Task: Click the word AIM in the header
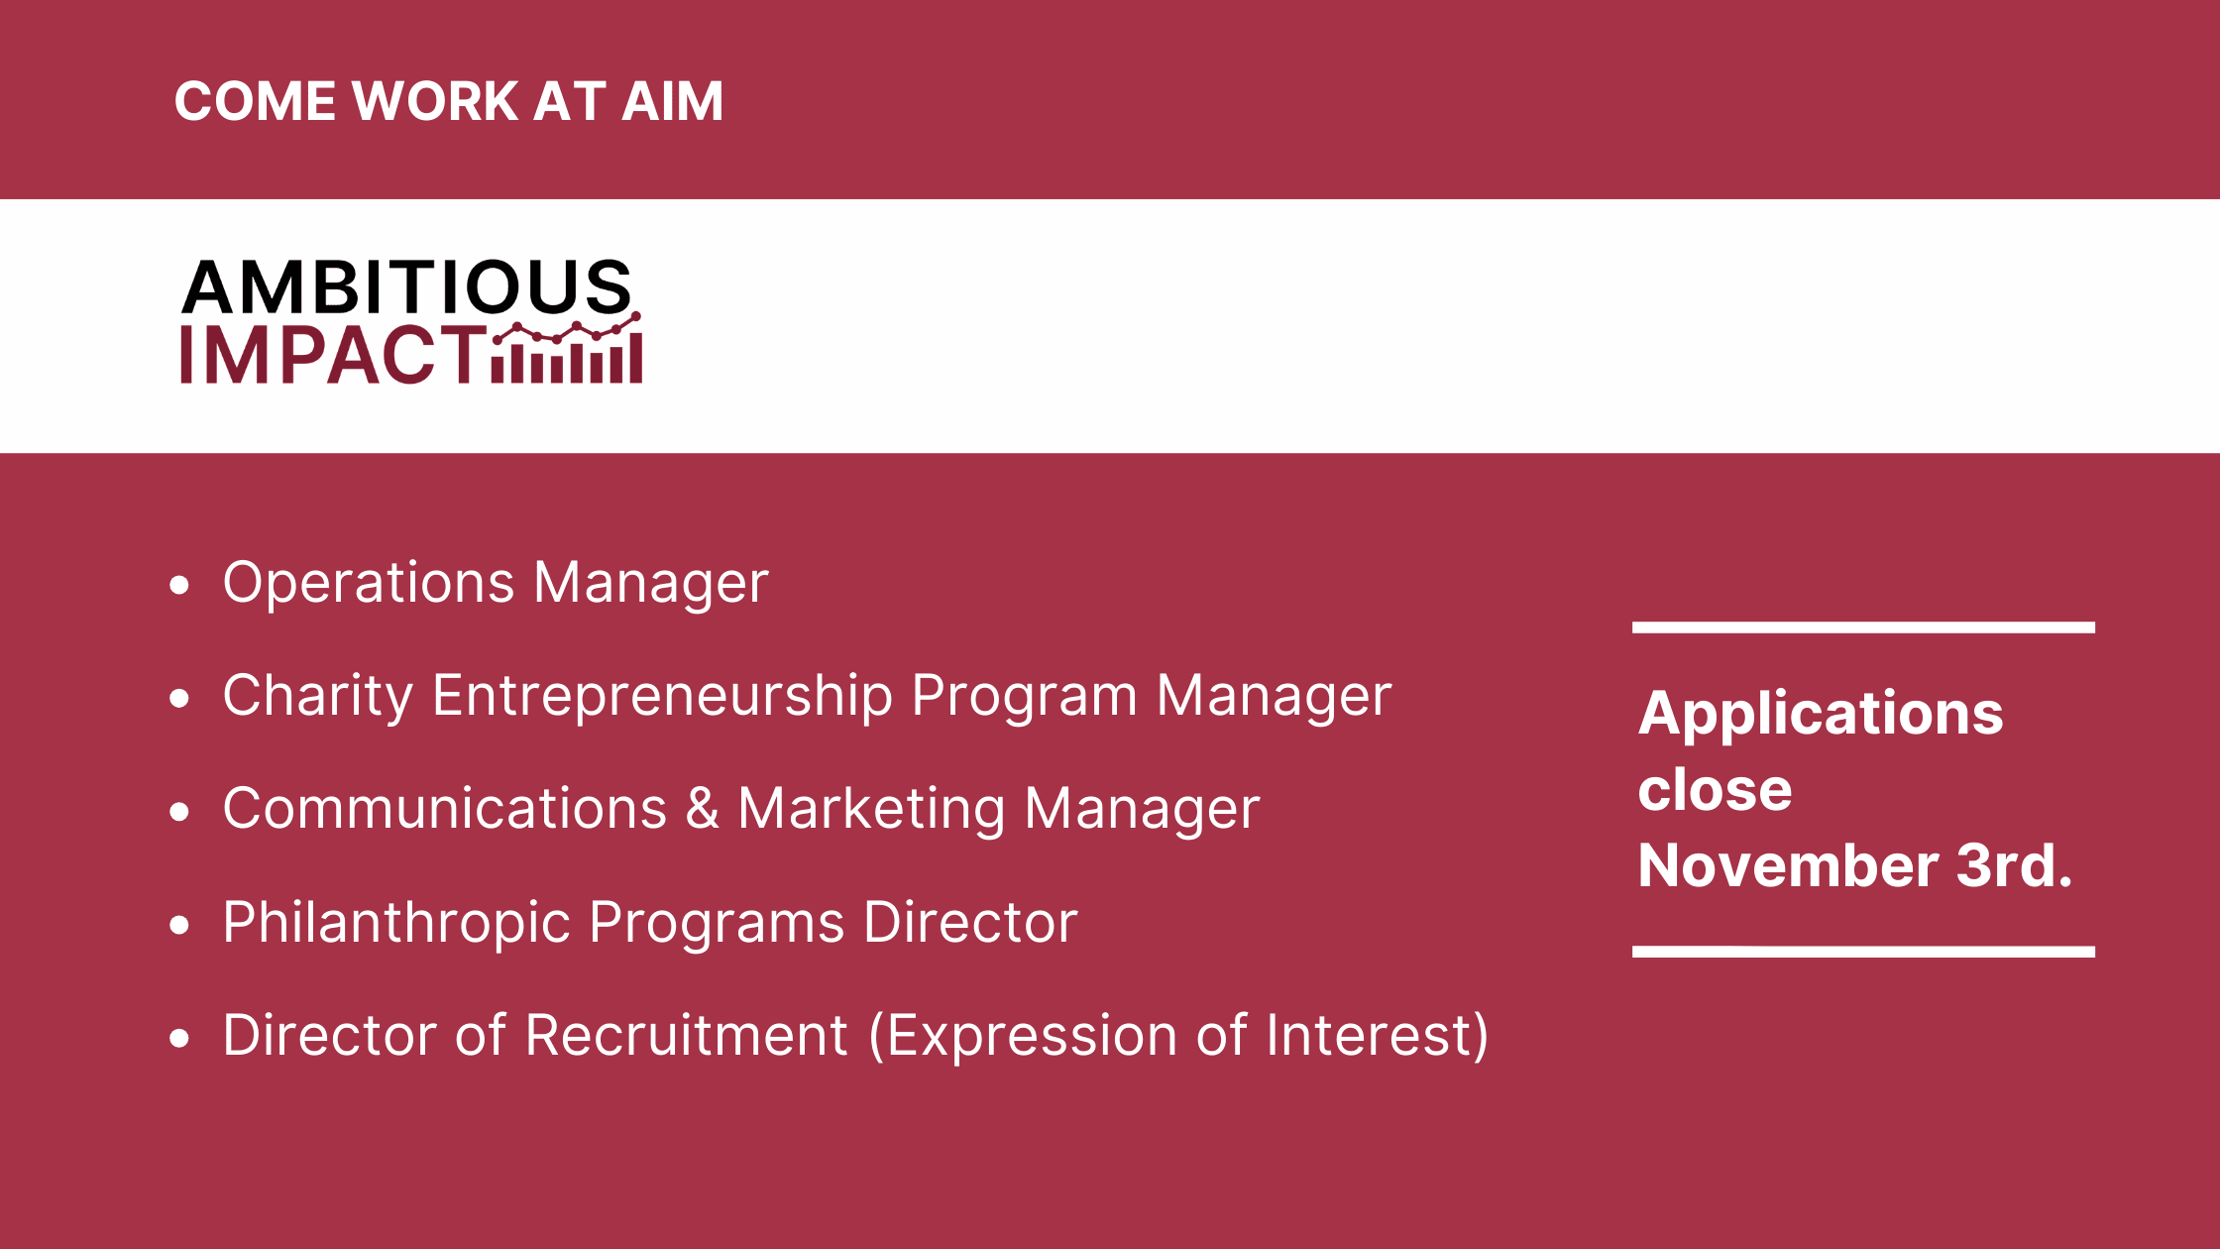tap(672, 101)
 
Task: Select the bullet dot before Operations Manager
tap(179, 585)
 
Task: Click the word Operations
tap(369, 583)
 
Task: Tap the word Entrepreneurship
tap(663, 696)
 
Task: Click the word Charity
tap(318, 696)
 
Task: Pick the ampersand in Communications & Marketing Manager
tap(702, 808)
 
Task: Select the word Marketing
tap(871, 809)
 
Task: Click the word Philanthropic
tap(396, 922)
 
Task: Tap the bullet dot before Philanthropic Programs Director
tap(179, 926)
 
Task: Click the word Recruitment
tap(687, 1035)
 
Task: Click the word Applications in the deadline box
tap(1821, 714)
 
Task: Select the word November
tap(1789, 865)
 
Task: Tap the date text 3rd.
tap(2015, 865)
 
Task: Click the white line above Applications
tap(1863, 627)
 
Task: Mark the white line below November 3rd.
tap(1863, 952)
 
